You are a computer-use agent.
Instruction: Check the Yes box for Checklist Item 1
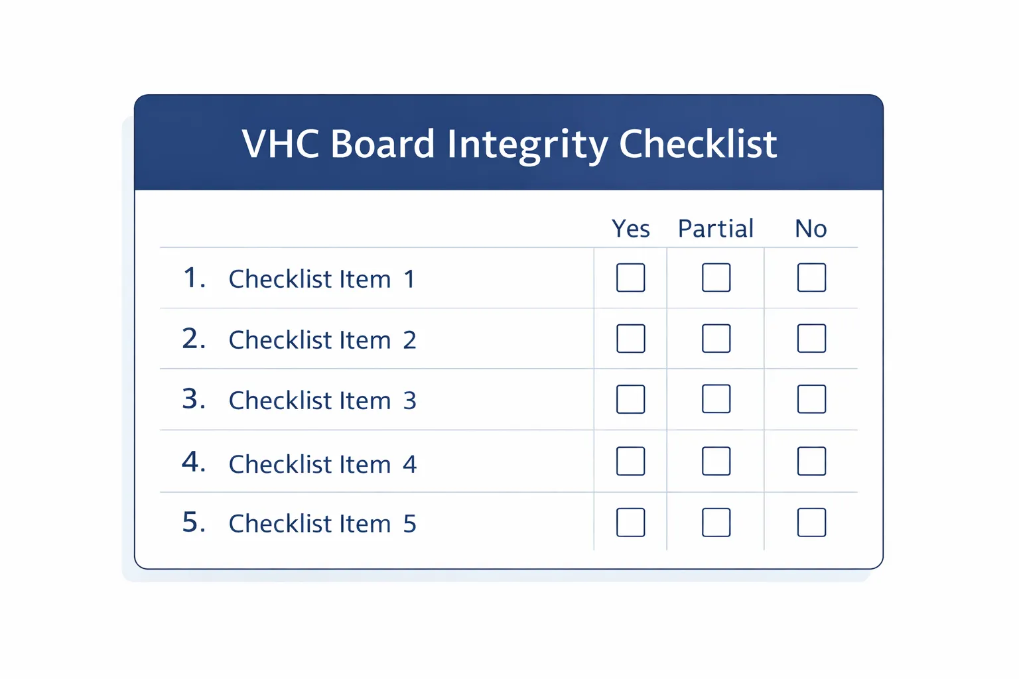click(x=630, y=278)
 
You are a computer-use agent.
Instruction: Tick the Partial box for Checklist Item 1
click(x=716, y=278)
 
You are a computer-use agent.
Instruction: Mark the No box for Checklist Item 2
click(x=811, y=339)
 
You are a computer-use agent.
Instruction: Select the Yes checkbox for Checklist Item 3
click(x=630, y=399)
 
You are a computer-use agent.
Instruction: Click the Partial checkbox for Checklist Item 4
click(x=716, y=462)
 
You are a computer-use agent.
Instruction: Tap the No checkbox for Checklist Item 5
click(x=811, y=523)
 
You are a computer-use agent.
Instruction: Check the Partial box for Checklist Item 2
click(x=716, y=339)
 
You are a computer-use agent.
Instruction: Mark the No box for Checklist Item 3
click(x=811, y=399)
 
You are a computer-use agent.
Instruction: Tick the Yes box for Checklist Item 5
click(x=630, y=523)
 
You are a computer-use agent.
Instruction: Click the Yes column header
click(x=630, y=229)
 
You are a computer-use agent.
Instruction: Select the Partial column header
click(x=715, y=229)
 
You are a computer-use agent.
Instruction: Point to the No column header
click(x=811, y=229)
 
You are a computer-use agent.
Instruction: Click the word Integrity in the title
click(x=527, y=145)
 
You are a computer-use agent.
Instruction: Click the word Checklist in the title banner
click(x=697, y=144)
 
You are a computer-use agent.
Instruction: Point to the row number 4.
click(x=192, y=462)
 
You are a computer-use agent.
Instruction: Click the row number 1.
click(x=192, y=278)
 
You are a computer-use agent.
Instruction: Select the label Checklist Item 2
click(x=322, y=340)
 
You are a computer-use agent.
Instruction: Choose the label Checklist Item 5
click(x=322, y=524)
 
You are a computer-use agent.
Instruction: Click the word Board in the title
click(x=382, y=144)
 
